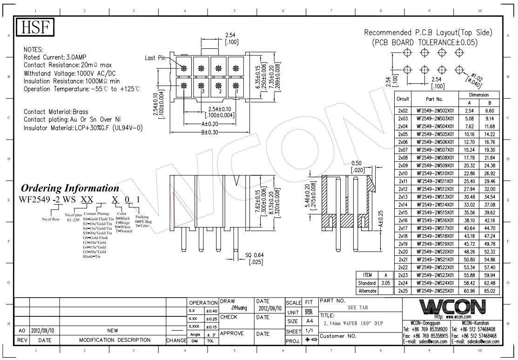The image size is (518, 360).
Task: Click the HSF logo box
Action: pos(36,28)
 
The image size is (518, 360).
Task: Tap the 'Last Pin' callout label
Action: pos(155,58)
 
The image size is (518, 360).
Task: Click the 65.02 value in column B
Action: pos(489,291)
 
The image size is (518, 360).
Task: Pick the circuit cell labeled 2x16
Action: pos(403,220)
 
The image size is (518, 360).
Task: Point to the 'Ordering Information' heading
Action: pos(70,188)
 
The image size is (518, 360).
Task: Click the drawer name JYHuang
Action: pos(239,308)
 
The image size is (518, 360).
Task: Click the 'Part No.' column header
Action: pos(435,99)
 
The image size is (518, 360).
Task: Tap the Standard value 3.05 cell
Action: pos(385,283)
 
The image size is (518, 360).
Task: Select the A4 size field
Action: pos(309,321)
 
